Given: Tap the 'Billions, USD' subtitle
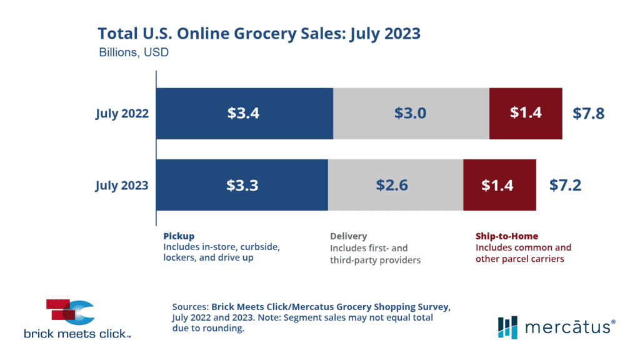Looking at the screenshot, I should pos(134,52).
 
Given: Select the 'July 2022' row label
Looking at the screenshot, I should pos(122,114).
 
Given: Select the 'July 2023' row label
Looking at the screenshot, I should pos(122,185).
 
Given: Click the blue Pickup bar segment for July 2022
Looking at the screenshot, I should pos(244,114).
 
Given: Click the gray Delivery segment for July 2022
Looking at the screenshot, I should pos(411,114).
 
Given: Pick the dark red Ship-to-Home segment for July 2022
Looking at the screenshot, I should pos(526,114).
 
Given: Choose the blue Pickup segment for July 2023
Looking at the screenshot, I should pos(242,185).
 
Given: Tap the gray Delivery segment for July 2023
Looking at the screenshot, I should pos(395,185).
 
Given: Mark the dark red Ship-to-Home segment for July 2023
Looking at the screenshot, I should pos(499,185).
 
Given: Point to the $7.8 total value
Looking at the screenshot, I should pos(589,114).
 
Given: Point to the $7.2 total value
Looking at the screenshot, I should pos(565,185).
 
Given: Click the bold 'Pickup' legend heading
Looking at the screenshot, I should pos(179,236).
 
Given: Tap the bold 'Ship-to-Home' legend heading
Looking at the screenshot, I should pos(497,236).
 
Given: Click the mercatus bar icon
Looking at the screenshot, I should pos(507,326).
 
